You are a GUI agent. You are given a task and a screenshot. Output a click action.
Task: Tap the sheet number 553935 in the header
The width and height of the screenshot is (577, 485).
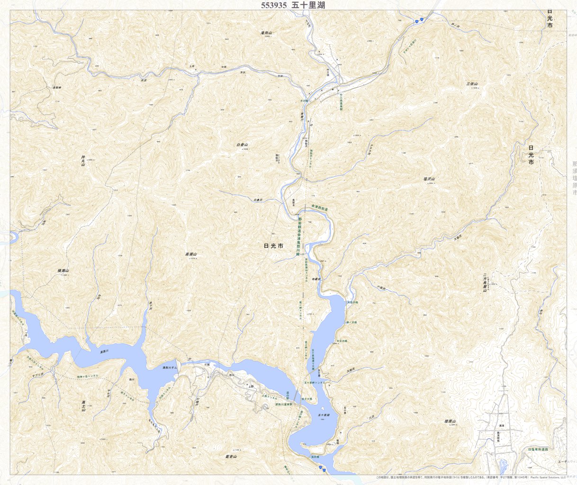pos(273,5)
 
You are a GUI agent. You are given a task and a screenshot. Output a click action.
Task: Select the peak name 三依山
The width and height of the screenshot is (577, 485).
pos(472,84)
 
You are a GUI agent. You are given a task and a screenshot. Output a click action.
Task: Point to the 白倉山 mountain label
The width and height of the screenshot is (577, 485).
pos(242,145)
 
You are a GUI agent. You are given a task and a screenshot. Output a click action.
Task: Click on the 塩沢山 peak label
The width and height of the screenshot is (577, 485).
pos(429,179)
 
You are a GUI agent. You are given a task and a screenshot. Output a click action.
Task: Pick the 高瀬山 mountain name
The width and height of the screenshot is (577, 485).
pos(190,255)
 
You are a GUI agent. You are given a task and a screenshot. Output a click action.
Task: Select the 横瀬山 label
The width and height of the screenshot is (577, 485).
pos(63,271)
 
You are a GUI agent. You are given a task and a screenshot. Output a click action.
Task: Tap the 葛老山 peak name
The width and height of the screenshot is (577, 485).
pos(231,457)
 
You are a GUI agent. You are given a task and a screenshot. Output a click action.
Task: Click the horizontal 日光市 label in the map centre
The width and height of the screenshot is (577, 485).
pos(273,247)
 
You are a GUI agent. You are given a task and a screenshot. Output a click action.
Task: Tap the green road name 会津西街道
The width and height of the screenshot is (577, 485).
pos(320,207)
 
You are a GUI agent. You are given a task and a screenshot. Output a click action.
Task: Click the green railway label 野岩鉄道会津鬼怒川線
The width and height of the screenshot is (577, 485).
pos(299,237)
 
